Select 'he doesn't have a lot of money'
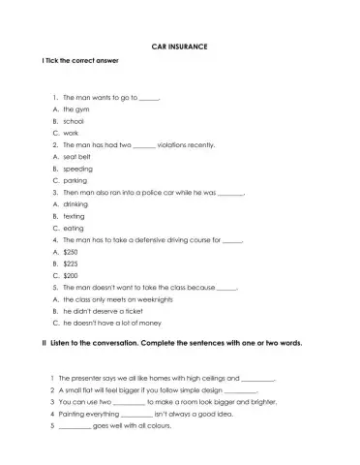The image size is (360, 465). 111,323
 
